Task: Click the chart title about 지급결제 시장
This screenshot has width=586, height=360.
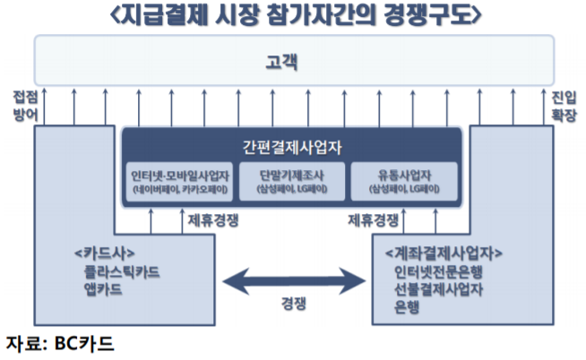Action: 293,15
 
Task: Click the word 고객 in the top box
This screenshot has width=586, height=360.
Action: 293,63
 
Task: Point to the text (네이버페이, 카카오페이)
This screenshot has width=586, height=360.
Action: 178,191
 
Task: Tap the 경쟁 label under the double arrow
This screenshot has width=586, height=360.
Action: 292,305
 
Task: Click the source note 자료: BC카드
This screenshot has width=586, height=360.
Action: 59,343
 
